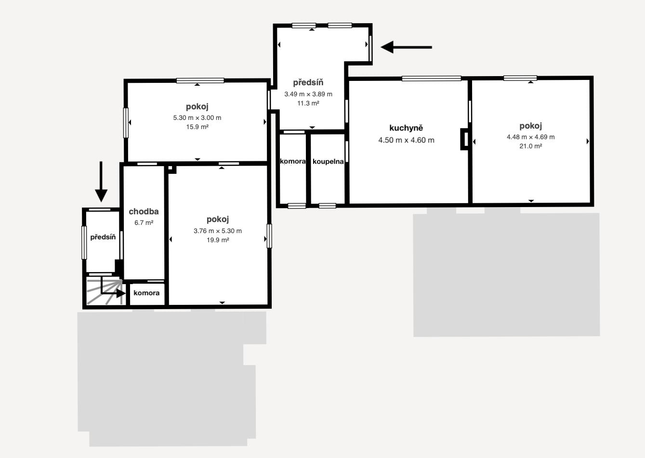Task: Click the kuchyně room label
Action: [406, 128]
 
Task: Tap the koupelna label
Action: [328, 161]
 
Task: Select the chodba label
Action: [144, 211]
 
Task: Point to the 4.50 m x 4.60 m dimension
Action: [406, 140]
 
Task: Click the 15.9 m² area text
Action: [197, 127]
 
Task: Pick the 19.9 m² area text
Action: [218, 240]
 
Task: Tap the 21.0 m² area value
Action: [531, 146]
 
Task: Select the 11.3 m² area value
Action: [308, 104]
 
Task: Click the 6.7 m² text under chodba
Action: [144, 223]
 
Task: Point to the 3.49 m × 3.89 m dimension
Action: [308, 94]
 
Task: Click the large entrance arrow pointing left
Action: [406, 47]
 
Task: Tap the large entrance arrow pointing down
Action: [101, 182]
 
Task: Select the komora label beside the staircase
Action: [146, 293]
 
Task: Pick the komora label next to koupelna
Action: [293, 161]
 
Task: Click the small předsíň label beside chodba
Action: [103, 237]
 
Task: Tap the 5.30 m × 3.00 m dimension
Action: [197, 118]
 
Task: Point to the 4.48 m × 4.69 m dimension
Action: [531, 137]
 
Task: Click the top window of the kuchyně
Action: [431, 79]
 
